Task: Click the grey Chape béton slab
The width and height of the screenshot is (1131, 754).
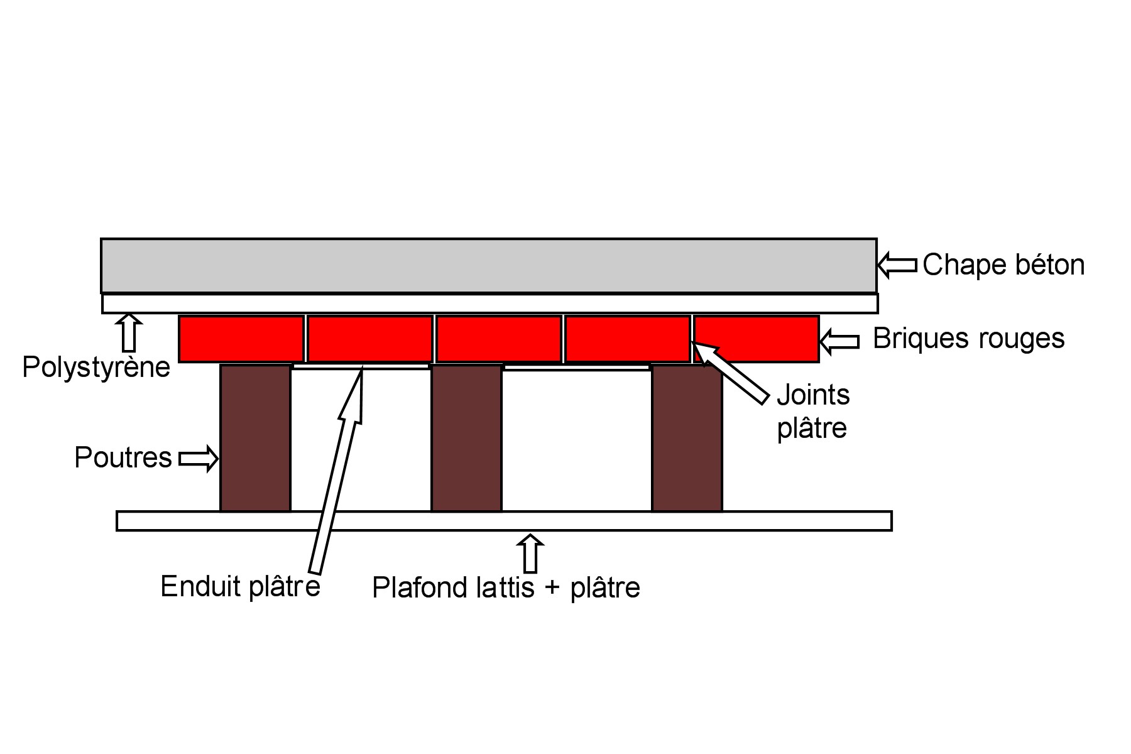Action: (488, 265)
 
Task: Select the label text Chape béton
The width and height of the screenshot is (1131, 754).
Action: (1003, 265)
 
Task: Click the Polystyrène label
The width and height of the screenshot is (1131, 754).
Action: (96, 367)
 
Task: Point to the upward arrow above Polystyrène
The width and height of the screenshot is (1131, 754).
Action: (129, 333)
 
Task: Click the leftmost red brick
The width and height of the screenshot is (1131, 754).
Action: (241, 339)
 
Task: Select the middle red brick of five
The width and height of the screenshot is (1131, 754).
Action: (499, 339)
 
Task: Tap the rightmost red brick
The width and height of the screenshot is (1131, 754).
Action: (757, 339)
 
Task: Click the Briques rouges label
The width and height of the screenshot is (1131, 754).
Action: (968, 339)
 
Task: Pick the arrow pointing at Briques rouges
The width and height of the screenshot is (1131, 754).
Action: (839, 341)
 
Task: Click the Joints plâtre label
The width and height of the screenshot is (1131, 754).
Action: (813, 412)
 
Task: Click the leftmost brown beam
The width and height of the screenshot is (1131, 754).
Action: (255, 438)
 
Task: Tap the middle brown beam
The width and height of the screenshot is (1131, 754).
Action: (466, 438)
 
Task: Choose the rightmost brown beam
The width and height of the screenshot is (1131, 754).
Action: (687, 438)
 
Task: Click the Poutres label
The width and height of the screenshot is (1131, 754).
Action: (123, 457)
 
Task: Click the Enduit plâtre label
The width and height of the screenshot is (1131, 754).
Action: (240, 587)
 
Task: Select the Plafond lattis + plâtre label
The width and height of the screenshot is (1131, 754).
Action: (506, 588)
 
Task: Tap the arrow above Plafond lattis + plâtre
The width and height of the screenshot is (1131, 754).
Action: (531, 553)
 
